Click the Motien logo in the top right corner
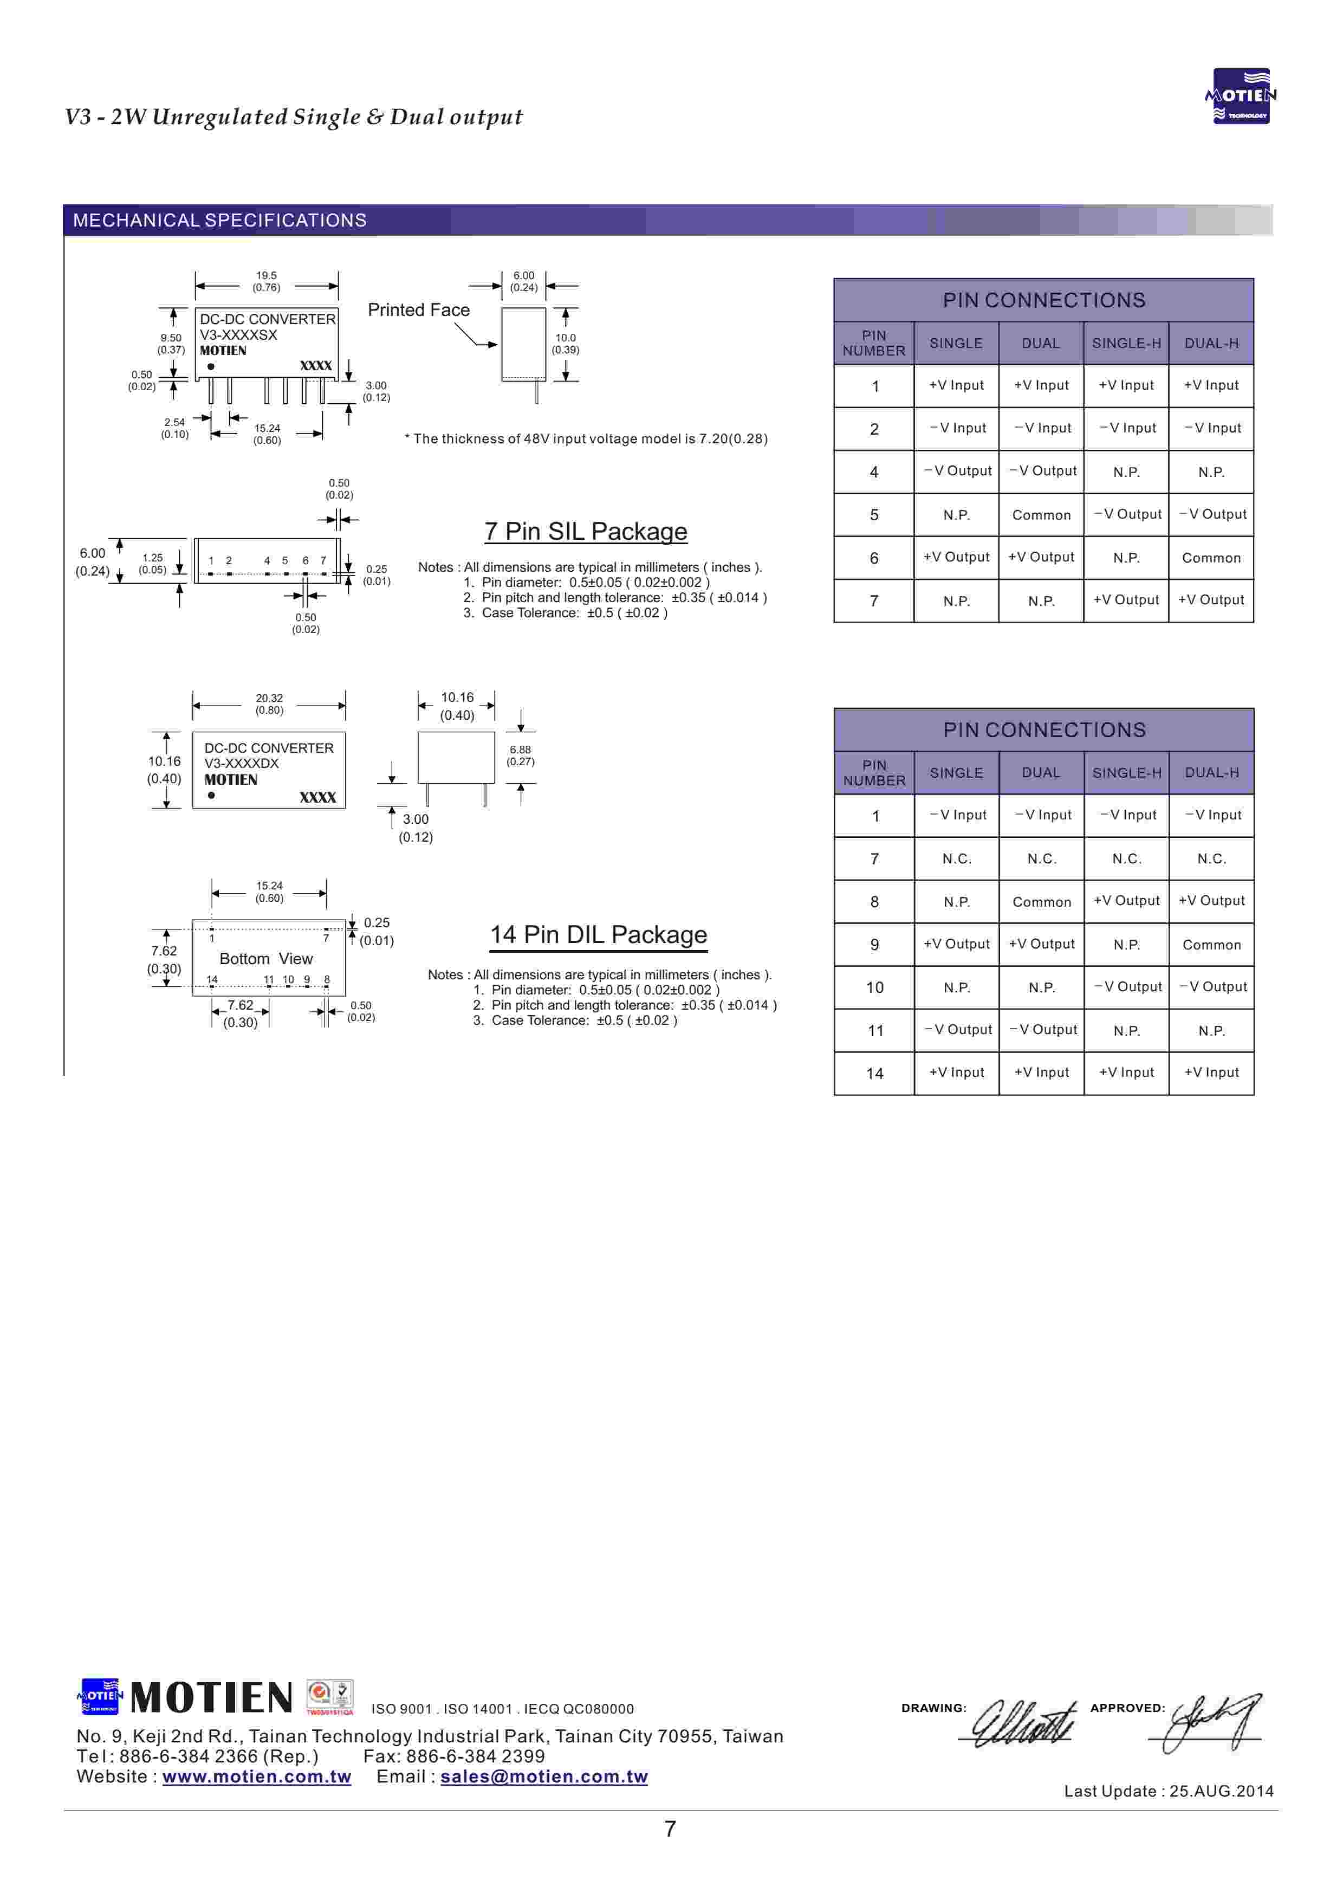click(1241, 96)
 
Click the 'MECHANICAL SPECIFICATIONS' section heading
click(219, 220)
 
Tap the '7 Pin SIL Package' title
click(586, 531)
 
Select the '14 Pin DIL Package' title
click(598, 935)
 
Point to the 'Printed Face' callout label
click(418, 309)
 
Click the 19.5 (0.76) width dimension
click(267, 281)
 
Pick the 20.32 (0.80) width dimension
click(269, 704)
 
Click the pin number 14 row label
click(874, 1074)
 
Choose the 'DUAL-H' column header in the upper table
click(1211, 343)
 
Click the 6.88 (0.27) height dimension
click(520, 755)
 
